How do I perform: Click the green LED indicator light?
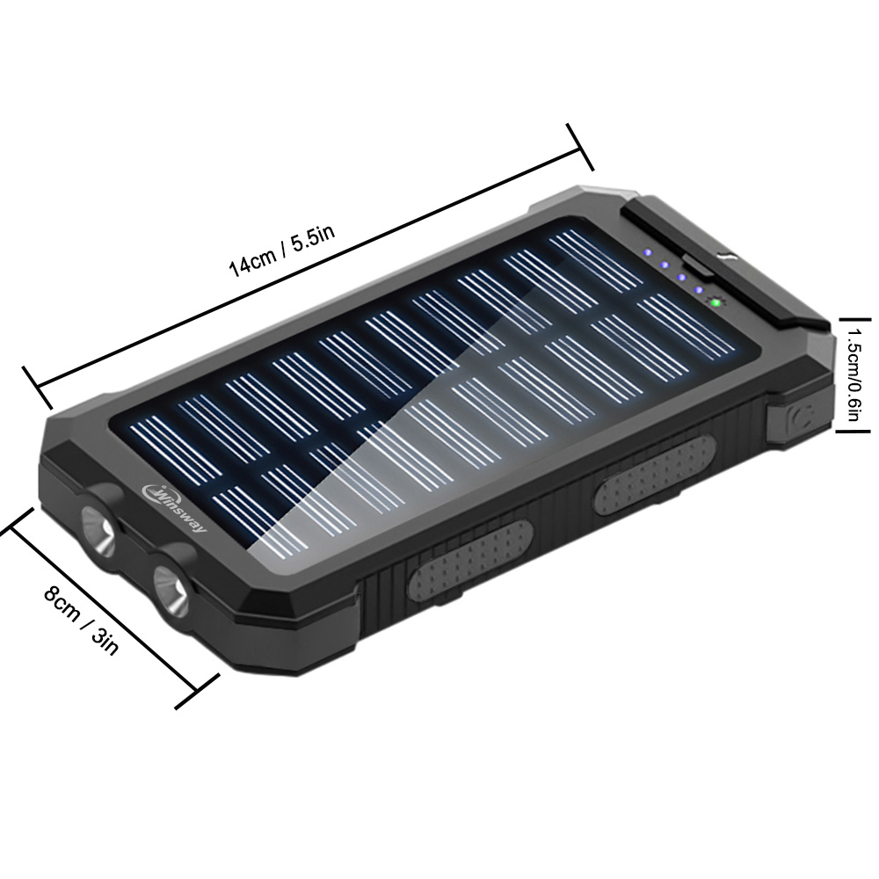715,303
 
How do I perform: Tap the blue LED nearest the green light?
699,290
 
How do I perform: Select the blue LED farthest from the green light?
648,251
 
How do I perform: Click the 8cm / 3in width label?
81,620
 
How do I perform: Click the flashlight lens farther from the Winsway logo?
171,591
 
